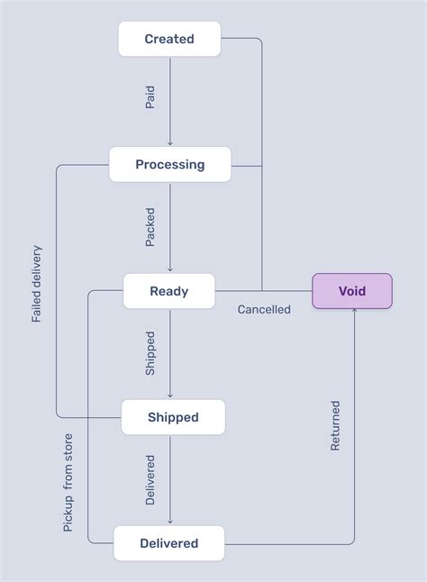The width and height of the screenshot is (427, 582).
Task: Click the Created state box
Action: tap(169, 39)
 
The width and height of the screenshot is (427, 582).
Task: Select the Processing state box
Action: tap(169, 165)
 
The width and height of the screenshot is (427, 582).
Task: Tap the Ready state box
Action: tap(169, 291)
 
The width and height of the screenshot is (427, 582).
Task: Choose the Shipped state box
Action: tap(173, 417)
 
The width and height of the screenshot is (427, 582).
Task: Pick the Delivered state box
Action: tap(169, 543)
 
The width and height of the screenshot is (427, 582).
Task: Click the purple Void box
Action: tap(352, 291)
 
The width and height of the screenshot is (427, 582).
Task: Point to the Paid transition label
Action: tap(150, 98)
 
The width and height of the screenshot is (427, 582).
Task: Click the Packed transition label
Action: tap(150, 227)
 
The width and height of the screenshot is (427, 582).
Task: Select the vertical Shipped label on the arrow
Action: tap(150, 353)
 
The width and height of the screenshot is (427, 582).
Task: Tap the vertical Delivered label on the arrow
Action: tap(150, 479)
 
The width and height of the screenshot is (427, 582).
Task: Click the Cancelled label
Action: tap(264, 309)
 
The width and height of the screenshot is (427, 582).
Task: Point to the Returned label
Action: tap(335, 426)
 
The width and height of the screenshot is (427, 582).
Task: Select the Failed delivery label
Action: tap(37, 283)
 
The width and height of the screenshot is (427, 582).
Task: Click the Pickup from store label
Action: tap(68, 482)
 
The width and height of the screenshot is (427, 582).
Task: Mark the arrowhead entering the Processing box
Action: tap(169, 143)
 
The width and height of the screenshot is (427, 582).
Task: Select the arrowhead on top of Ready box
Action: tap(169, 269)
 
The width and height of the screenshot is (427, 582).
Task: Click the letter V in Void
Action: tap(342, 291)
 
